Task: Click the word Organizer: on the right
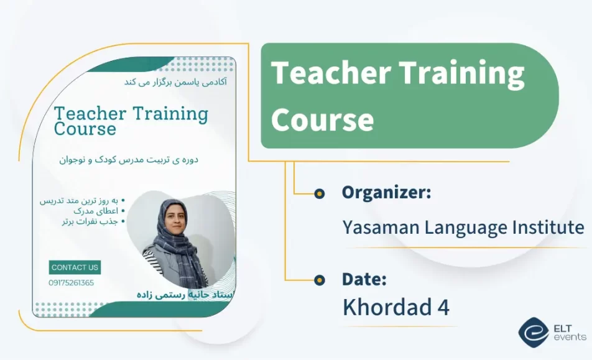[386, 193]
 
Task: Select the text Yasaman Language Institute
[463, 228]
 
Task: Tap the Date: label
[364, 280]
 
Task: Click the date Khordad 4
[395, 307]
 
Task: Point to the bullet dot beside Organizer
[320, 194]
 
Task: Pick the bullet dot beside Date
[320, 280]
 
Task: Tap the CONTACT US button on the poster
[75, 267]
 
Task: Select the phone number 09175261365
[72, 283]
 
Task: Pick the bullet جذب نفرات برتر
[90, 221]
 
